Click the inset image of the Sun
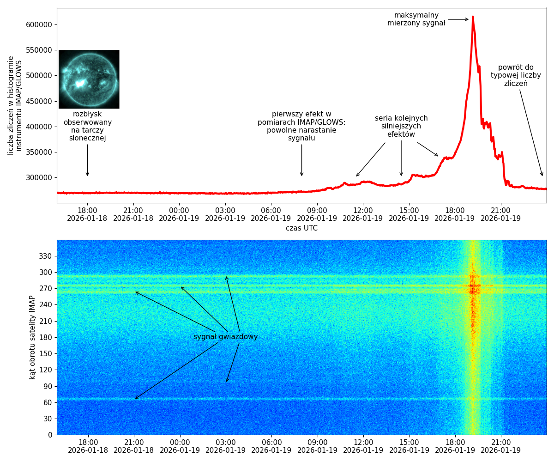click(x=89, y=79)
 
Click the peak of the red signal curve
click(x=473, y=18)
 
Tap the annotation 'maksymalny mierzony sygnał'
click(x=416, y=19)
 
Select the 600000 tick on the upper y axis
click(x=39, y=24)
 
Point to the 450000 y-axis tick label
click(x=39, y=101)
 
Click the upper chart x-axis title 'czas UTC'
click(x=301, y=228)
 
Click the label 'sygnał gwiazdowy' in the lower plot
click(x=225, y=337)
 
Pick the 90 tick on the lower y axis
click(x=47, y=386)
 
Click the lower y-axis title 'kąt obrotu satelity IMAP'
click(x=32, y=337)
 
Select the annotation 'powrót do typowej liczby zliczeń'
click(x=516, y=76)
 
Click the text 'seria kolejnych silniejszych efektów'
click(x=401, y=127)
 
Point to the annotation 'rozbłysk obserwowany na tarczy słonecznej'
click(x=88, y=126)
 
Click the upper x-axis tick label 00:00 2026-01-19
click(x=179, y=214)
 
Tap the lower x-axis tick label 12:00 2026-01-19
click(x=363, y=446)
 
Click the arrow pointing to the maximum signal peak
click(x=458, y=19)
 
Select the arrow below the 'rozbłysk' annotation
click(x=87, y=160)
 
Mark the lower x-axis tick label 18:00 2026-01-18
click(x=88, y=446)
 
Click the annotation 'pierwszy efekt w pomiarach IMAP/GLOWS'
click(x=301, y=126)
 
